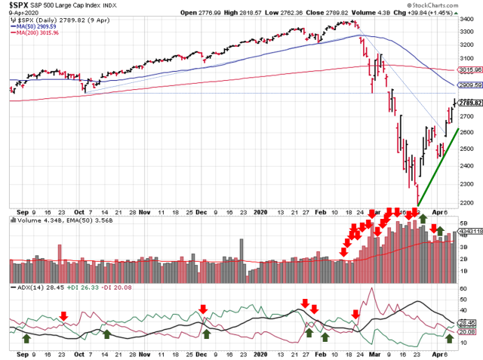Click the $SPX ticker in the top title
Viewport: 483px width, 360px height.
pyautogui.click(x=20, y=5)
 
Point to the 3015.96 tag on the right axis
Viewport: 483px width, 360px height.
pyautogui.click(x=469, y=69)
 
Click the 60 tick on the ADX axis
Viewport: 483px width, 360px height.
pyautogui.click(x=463, y=289)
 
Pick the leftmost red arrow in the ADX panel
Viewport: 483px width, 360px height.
pyautogui.click(x=64, y=315)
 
